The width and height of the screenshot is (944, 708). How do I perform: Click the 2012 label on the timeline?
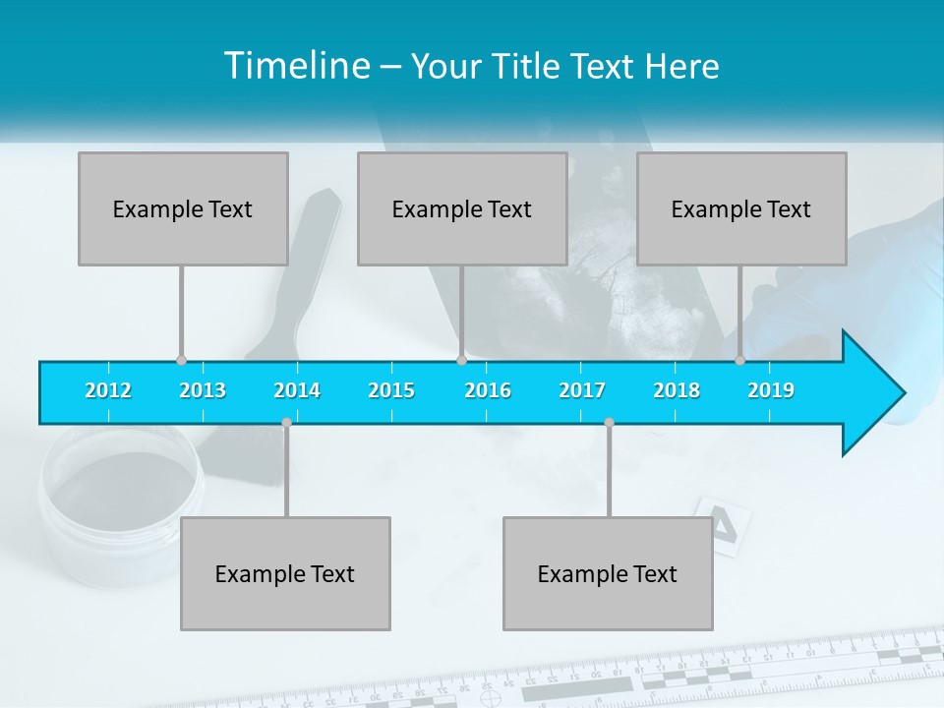pyautogui.click(x=108, y=390)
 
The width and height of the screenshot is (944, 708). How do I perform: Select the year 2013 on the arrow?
pyautogui.click(x=203, y=390)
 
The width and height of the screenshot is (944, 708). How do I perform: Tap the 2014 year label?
pyautogui.click(x=297, y=390)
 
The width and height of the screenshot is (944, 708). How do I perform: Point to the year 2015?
pyautogui.click(x=391, y=390)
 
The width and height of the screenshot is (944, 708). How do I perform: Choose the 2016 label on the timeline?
pyautogui.click(x=488, y=390)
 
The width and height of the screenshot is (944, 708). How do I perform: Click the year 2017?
pyautogui.click(x=582, y=390)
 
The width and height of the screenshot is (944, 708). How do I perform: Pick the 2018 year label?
pyautogui.click(x=677, y=390)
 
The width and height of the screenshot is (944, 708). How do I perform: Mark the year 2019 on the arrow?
pyautogui.click(x=771, y=390)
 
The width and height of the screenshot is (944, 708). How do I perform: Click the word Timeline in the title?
pyautogui.click(x=297, y=66)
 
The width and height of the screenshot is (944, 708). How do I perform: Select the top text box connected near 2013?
pyautogui.click(x=183, y=208)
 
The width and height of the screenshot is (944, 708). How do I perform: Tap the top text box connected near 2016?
pyautogui.click(x=462, y=208)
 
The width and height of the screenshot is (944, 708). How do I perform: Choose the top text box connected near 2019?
pyautogui.click(x=741, y=208)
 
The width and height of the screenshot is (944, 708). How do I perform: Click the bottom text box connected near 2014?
pyautogui.click(x=285, y=573)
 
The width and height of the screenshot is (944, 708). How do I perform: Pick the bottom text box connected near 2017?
pyautogui.click(x=608, y=573)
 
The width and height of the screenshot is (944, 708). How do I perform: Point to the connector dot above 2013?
pyautogui.click(x=181, y=360)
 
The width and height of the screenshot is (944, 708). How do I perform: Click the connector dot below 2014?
pyautogui.click(x=286, y=423)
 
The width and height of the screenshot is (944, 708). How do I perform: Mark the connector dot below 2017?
pyautogui.click(x=609, y=423)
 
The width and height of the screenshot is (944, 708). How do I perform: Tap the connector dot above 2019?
pyautogui.click(x=739, y=360)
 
